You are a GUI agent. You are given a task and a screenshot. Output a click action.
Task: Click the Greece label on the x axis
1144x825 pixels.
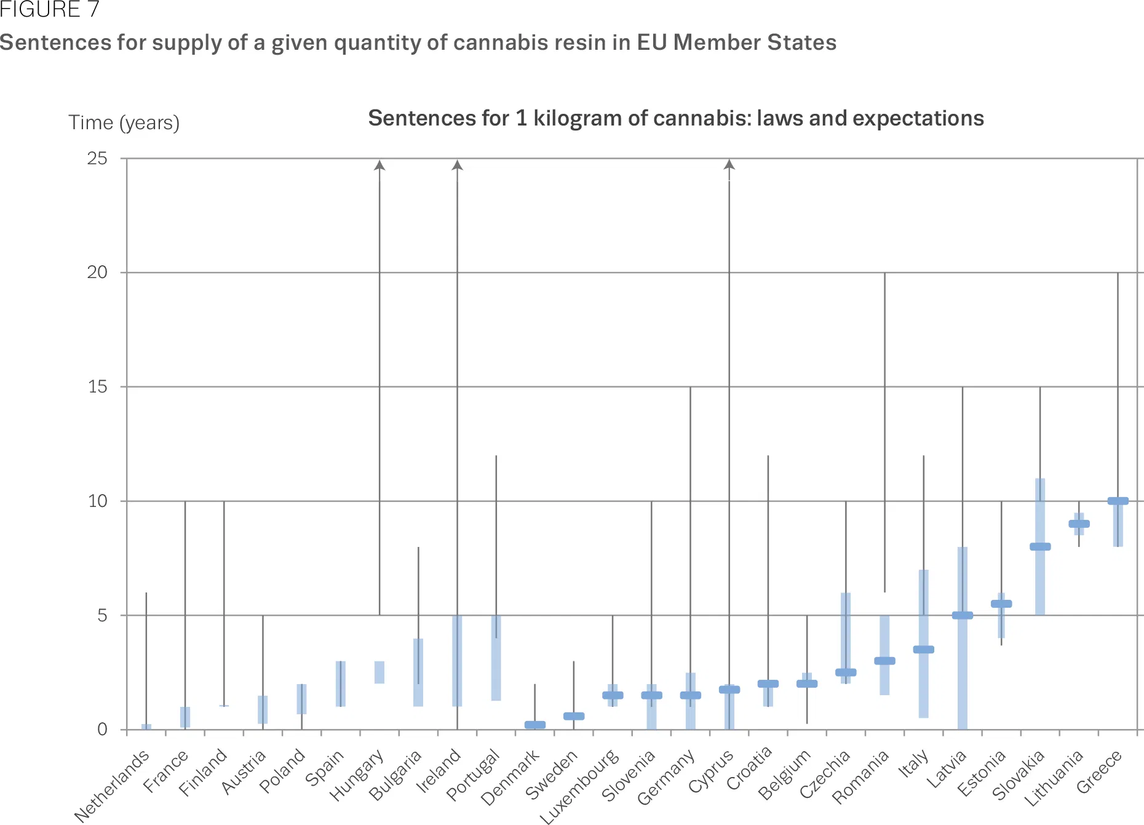[1100, 772]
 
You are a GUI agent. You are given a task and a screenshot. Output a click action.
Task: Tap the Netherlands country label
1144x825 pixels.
[112, 786]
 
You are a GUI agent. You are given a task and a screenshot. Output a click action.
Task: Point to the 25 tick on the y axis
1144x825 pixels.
[97, 159]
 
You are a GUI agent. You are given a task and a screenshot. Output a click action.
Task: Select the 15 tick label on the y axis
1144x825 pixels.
[97, 387]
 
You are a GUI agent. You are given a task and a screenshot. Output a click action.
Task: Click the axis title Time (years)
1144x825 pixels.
[124, 123]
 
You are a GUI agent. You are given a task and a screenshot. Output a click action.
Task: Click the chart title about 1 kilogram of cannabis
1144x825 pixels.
[675, 118]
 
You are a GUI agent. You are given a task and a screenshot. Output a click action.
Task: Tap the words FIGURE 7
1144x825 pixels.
[49, 10]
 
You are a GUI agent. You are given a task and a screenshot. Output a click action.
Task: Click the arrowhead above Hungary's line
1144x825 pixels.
[379, 165]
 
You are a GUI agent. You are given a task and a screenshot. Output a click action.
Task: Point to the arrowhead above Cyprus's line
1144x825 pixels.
[729, 165]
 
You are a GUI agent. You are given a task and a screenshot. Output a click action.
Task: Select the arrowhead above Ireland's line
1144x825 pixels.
[457, 165]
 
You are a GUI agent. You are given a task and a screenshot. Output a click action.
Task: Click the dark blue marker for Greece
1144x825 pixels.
[1118, 501]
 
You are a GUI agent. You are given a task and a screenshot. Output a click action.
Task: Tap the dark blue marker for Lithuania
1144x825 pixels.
[1079, 524]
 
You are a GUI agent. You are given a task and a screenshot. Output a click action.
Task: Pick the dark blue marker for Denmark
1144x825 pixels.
[534, 725]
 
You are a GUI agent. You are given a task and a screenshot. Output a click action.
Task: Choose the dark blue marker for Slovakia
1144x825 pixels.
[1040, 546]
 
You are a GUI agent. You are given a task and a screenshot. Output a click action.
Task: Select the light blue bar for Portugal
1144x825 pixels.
[496, 658]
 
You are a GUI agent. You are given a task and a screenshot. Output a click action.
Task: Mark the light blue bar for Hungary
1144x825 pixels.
[379, 672]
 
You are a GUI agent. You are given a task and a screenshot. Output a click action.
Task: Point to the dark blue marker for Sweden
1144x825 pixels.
[574, 716]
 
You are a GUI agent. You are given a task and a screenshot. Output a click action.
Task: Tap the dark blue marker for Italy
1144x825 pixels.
[923, 649]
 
